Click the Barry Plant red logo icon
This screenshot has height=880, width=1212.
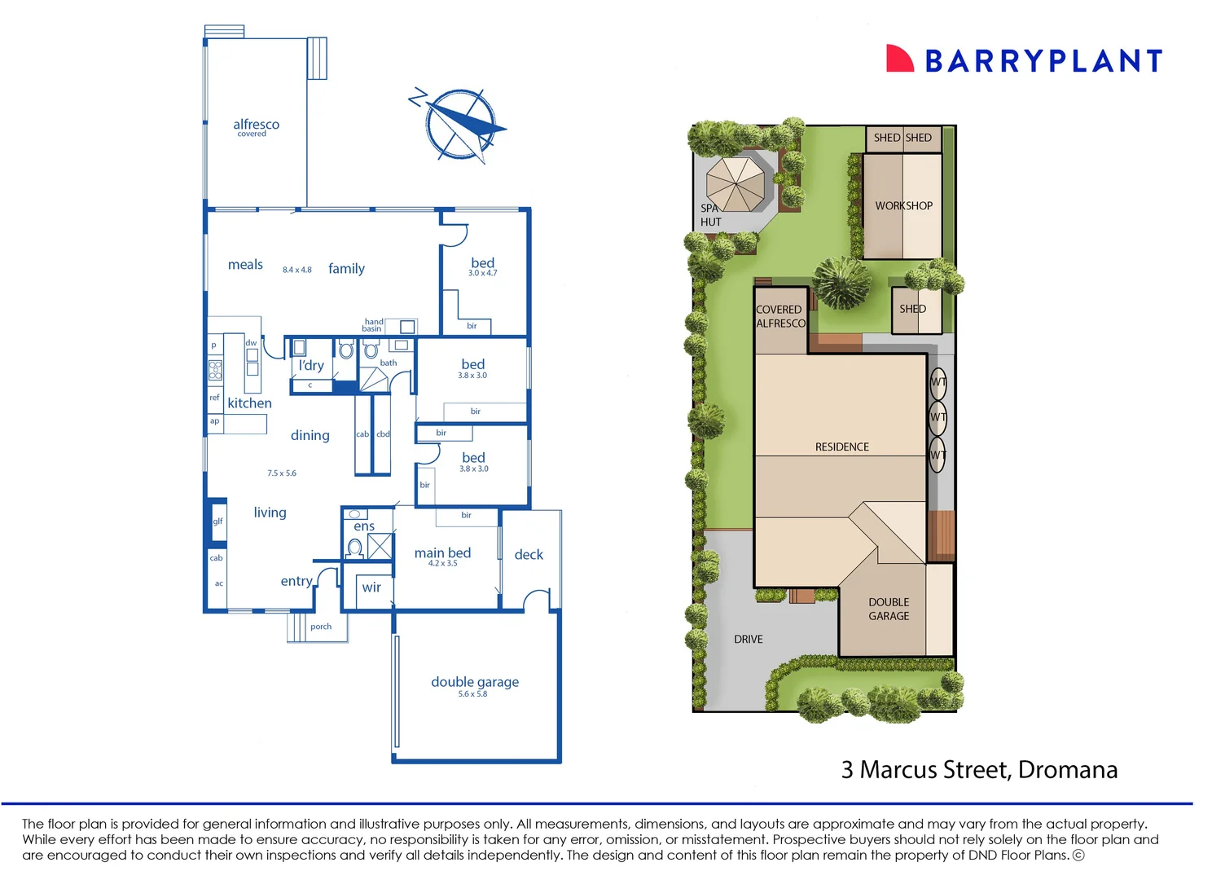tap(899, 59)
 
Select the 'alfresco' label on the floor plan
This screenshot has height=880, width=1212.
tap(256, 125)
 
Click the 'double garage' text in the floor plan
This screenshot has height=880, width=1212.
tap(475, 682)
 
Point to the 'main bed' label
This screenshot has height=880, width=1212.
tap(442, 553)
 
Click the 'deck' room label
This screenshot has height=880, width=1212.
tap(529, 555)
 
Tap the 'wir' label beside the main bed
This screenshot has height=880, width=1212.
tap(371, 587)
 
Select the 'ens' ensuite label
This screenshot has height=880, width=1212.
tap(364, 527)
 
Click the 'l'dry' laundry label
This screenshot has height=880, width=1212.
tap(311, 366)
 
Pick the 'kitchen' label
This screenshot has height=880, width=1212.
tap(249, 403)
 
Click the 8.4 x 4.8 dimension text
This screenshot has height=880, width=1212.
tap(297, 270)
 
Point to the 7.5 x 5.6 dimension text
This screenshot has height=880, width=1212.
tap(282, 473)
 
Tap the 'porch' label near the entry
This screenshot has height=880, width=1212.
tap(321, 627)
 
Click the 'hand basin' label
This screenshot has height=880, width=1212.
tap(373, 325)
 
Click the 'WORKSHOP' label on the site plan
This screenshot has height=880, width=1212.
tap(903, 206)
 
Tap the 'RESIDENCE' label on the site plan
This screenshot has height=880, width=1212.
tap(842, 447)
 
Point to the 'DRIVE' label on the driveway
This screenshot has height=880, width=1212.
tap(748, 640)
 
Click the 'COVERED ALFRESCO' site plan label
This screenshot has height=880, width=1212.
tap(779, 316)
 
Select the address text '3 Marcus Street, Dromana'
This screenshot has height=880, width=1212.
tap(979, 770)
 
